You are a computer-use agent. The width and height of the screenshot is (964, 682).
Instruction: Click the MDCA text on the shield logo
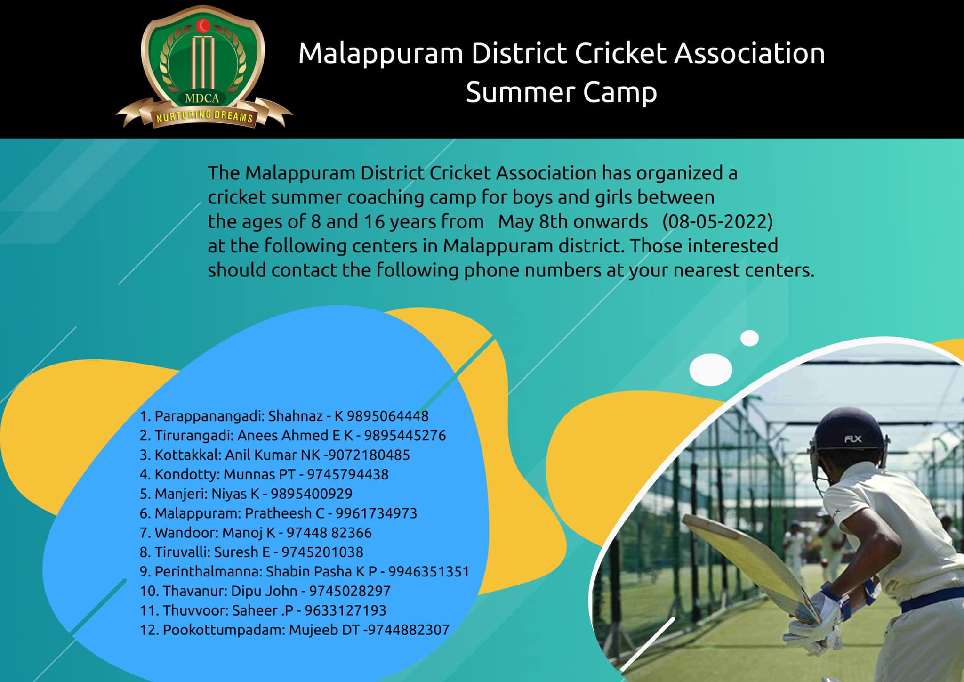202,98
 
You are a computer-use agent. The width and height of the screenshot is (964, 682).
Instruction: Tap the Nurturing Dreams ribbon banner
204,115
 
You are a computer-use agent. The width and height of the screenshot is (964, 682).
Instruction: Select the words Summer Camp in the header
561,93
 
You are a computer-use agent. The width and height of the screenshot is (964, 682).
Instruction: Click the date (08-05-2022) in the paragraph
717,222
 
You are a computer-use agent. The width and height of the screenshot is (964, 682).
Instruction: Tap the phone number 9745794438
348,474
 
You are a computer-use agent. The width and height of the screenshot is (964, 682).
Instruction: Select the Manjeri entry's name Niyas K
235,494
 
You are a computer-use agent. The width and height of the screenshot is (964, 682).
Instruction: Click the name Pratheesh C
285,513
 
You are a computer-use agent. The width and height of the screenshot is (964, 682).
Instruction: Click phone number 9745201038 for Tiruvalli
322,552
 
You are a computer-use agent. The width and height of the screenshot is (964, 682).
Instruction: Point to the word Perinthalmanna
208,571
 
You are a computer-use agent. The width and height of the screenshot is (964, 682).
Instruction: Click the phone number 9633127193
345,610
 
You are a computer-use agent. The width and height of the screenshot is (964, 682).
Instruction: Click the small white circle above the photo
749,338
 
